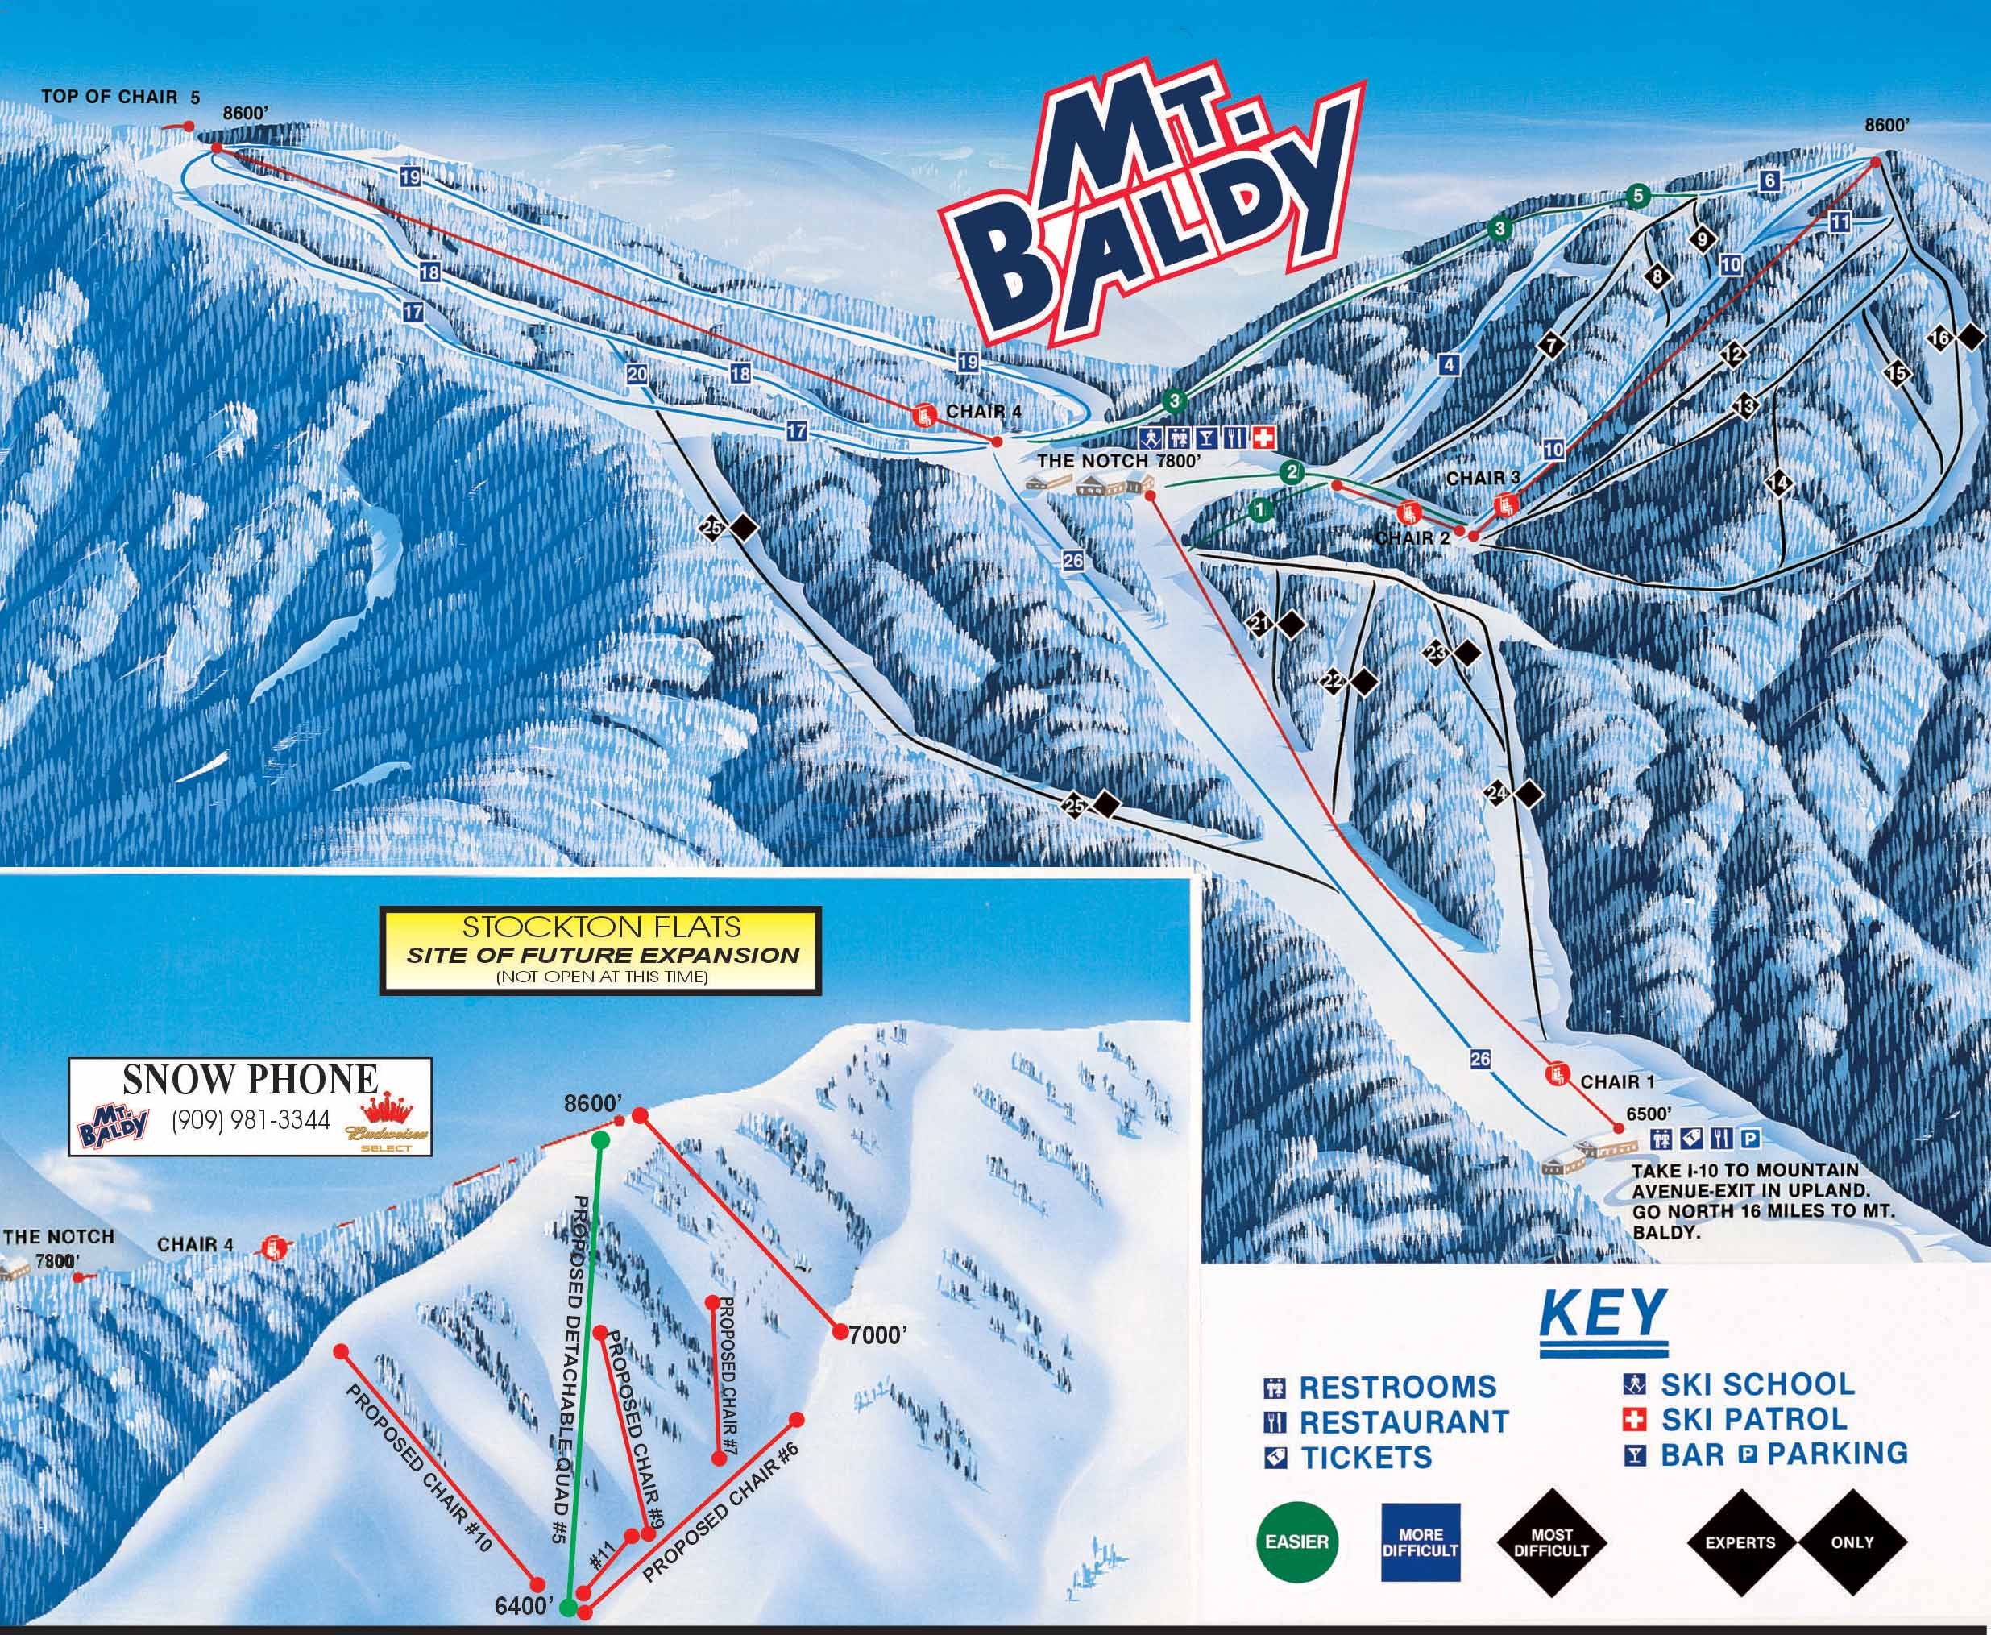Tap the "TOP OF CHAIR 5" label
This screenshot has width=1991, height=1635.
(121, 96)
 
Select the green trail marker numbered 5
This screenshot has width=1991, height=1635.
(1638, 196)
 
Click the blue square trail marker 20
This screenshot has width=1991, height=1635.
(637, 374)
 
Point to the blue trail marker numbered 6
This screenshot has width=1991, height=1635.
(1769, 181)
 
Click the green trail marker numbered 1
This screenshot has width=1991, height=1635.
(1261, 509)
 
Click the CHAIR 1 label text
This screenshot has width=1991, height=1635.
(1617, 1081)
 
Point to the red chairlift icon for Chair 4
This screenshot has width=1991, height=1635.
(924, 414)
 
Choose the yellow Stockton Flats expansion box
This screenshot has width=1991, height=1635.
(601, 949)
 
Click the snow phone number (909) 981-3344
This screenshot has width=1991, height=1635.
(251, 1120)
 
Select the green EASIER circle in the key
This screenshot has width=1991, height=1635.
(1297, 1542)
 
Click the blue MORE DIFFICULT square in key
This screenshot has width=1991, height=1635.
(1421, 1542)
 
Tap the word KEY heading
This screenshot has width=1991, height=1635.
(1602, 1313)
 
